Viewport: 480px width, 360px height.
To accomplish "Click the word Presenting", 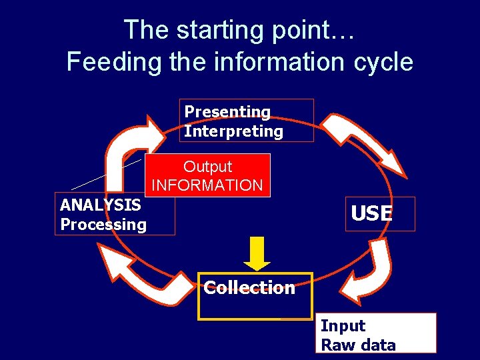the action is pos(227,112).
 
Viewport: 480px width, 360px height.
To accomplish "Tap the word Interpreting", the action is pos(233,131).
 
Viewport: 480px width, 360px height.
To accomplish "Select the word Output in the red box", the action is pos(207,167).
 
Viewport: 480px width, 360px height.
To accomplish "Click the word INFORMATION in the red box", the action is pos(207,185).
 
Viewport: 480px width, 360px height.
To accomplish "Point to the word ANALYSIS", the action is pos(100,205).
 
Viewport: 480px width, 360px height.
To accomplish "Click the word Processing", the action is pos(103,224).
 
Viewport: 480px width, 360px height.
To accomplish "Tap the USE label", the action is pos(372,213).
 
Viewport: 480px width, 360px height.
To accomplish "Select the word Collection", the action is pos(249,287).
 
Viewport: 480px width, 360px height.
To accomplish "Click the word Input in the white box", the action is pos(343,326).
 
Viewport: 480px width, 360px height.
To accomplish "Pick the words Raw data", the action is pos(358,345).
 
